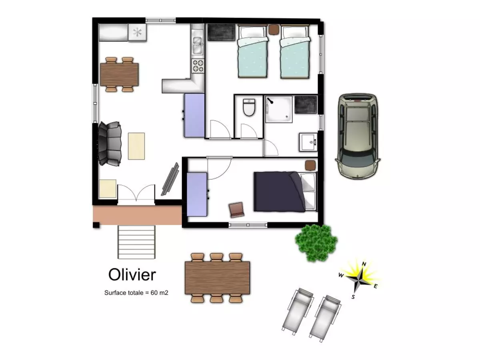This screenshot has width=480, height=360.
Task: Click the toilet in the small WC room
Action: point(249,107)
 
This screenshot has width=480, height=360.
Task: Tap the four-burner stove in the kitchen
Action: point(198,66)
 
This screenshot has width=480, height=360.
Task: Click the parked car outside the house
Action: point(358,137)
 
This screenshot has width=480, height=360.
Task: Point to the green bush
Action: point(316,243)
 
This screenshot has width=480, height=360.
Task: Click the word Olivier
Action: point(132,275)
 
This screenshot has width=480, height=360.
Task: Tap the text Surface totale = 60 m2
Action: point(136,293)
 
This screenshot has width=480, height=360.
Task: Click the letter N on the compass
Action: point(364,264)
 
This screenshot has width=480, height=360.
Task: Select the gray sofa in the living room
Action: point(110,144)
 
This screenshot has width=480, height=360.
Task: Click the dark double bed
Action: point(285,192)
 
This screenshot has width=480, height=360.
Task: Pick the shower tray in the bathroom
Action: point(279,109)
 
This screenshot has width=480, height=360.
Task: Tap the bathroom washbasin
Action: point(308,142)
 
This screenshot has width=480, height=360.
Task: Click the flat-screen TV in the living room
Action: point(170,179)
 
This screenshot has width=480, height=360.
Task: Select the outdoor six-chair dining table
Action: point(217,278)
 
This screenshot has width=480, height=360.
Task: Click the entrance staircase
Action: point(136,242)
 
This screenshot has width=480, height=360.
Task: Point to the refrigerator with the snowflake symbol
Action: point(137,32)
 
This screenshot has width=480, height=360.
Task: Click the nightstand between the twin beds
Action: point(274,30)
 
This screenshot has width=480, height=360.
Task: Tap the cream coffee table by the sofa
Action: point(136,146)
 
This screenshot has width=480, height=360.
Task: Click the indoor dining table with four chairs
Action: point(119,74)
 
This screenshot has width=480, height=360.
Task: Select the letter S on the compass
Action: point(353,297)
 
